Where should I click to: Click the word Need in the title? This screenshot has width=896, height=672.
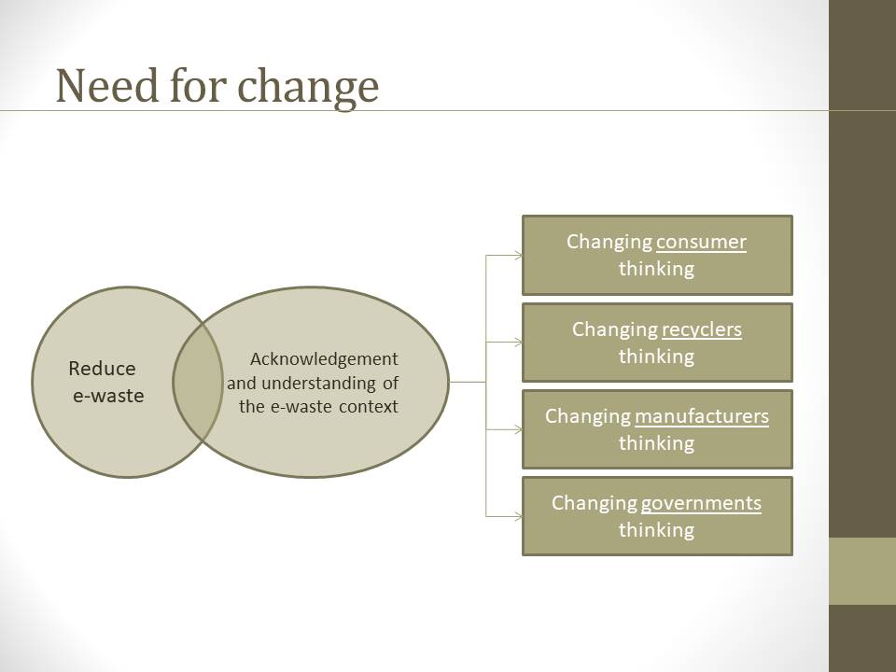coord(106,86)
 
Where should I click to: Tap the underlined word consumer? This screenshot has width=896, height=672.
coord(701,243)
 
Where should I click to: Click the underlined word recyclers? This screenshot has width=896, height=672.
coord(702,330)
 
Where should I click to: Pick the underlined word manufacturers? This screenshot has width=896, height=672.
coord(702,416)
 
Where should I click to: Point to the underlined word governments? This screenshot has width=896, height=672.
coord(701,504)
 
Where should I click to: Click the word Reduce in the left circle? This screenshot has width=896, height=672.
coord(103,369)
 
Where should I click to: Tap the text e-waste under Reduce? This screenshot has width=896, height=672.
coord(108,396)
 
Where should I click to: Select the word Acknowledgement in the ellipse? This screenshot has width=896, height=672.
coord(324,359)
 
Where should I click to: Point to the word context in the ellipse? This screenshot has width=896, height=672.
coord(369,407)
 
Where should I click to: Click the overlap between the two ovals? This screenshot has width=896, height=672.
coord(198,382)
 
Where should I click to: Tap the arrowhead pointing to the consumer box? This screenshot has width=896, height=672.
coord(518,256)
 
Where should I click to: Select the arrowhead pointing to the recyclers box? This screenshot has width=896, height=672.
coord(518,343)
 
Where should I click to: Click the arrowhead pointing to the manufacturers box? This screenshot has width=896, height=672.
coord(518,429)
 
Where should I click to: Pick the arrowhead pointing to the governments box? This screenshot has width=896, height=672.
coord(518,516)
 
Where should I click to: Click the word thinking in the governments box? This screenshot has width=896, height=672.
coord(656,531)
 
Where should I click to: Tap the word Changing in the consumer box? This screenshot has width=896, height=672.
coord(609,243)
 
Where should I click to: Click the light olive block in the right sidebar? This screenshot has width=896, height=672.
coord(862,571)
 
